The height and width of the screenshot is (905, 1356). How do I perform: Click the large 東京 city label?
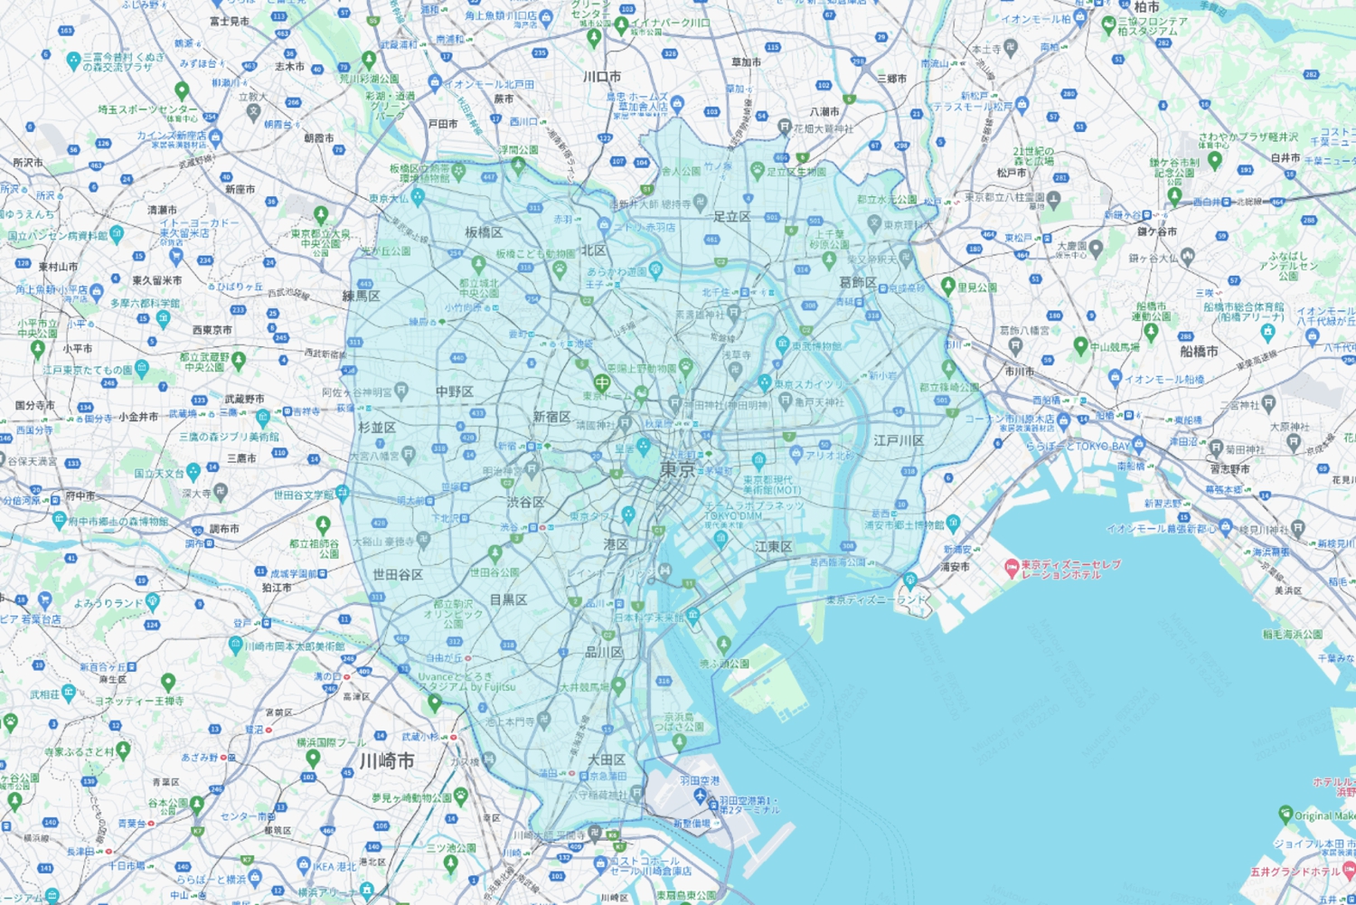tap(678, 469)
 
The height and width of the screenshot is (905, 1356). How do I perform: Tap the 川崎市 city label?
tap(387, 761)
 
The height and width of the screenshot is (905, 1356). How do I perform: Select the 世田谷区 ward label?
tap(398, 575)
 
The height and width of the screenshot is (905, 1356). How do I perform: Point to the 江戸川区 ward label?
tap(899, 441)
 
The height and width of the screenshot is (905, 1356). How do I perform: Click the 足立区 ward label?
tap(732, 217)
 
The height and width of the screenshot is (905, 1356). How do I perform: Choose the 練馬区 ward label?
tap(362, 296)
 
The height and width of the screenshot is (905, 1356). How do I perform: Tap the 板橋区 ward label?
tap(484, 232)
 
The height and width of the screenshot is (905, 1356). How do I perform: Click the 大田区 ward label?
tap(607, 759)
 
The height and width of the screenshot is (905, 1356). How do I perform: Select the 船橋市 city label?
tap(1199, 352)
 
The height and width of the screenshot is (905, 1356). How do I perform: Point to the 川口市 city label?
tap(602, 77)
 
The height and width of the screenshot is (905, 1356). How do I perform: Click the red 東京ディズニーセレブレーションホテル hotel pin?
tap(1012, 569)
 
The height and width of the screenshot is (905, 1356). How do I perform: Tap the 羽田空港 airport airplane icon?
tap(700, 796)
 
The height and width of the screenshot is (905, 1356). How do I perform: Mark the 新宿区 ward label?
tap(551, 417)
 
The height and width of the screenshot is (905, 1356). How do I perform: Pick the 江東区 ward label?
tap(774, 547)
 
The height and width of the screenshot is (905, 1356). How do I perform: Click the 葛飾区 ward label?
tap(858, 283)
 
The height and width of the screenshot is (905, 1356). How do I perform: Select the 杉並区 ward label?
tap(377, 428)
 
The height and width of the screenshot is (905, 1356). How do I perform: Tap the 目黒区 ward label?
tap(508, 599)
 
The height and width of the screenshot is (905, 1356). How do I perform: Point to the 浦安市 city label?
tap(955, 567)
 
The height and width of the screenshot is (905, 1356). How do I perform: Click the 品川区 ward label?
tap(604, 652)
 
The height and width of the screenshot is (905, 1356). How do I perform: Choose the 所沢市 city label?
tap(27, 163)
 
